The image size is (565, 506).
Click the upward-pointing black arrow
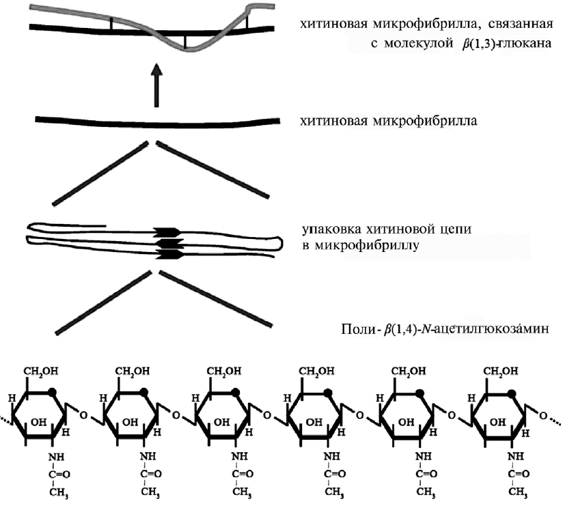pyautogui.click(x=156, y=85)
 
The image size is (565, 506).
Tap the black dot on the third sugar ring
pyautogui.click(x=237, y=393)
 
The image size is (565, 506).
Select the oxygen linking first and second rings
pyautogui.click(x=83, y=414)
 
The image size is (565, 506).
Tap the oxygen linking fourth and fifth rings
pyautogui.click(x=360, y=414)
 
